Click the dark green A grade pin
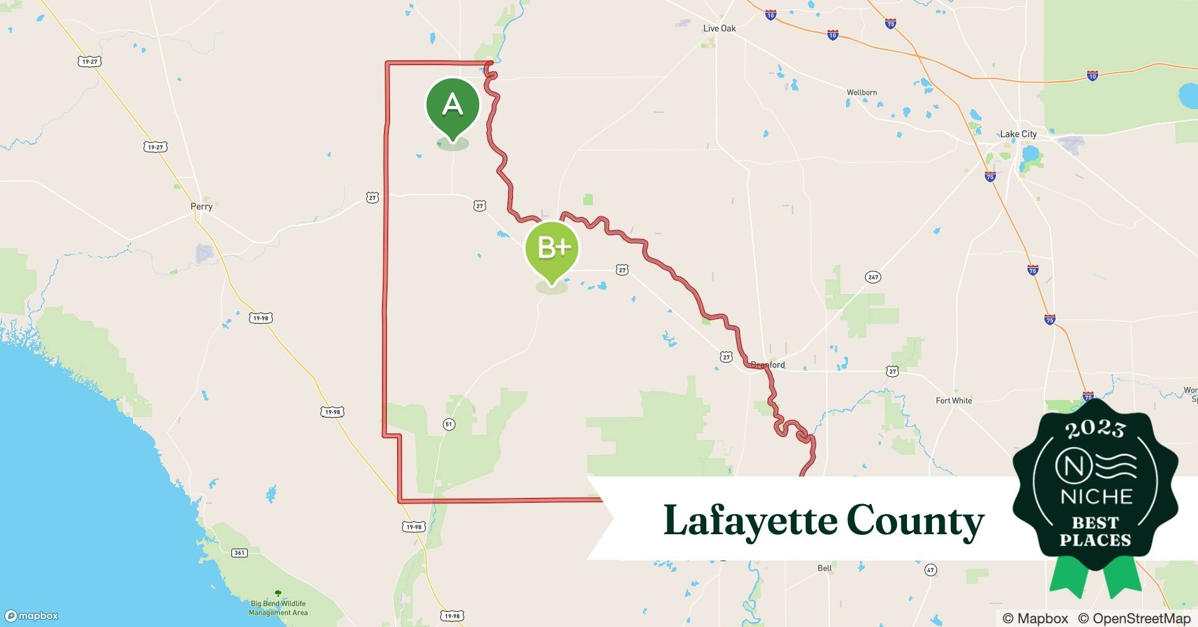(x=452, y=105)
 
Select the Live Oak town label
(x=719, y=28)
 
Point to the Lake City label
(x=1018, y=134)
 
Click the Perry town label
(x=201, y=206)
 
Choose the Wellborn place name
(x=862, y=93)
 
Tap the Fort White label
(x=953, y=401)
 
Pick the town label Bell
(x=824, y=568)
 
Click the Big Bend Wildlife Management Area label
(x=278, y=608)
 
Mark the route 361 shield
(x=239, y=552)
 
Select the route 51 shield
(x=448, y=424)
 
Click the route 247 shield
(x=872, y=277)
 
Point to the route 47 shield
(x=930, y=570)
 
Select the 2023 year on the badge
(x=1095, y=429)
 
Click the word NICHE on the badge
(x=1095, y=497)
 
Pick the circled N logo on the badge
(x=1070, y=466)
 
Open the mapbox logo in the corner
(x=31, y=616)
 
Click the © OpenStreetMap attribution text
(x=1134, y=618)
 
